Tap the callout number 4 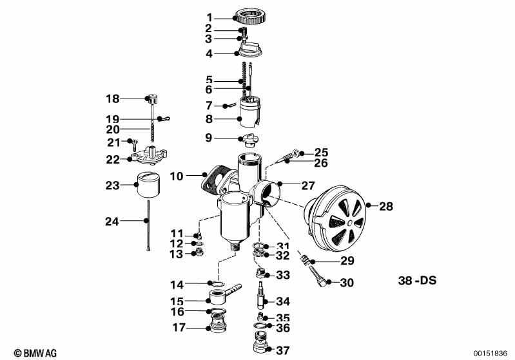click(x=209, y=53)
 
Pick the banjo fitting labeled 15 click(x=219, y=299)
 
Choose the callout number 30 click(x=347, y=282)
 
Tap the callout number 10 click(x=177, y=176)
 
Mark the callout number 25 click(x=321, y=153)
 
